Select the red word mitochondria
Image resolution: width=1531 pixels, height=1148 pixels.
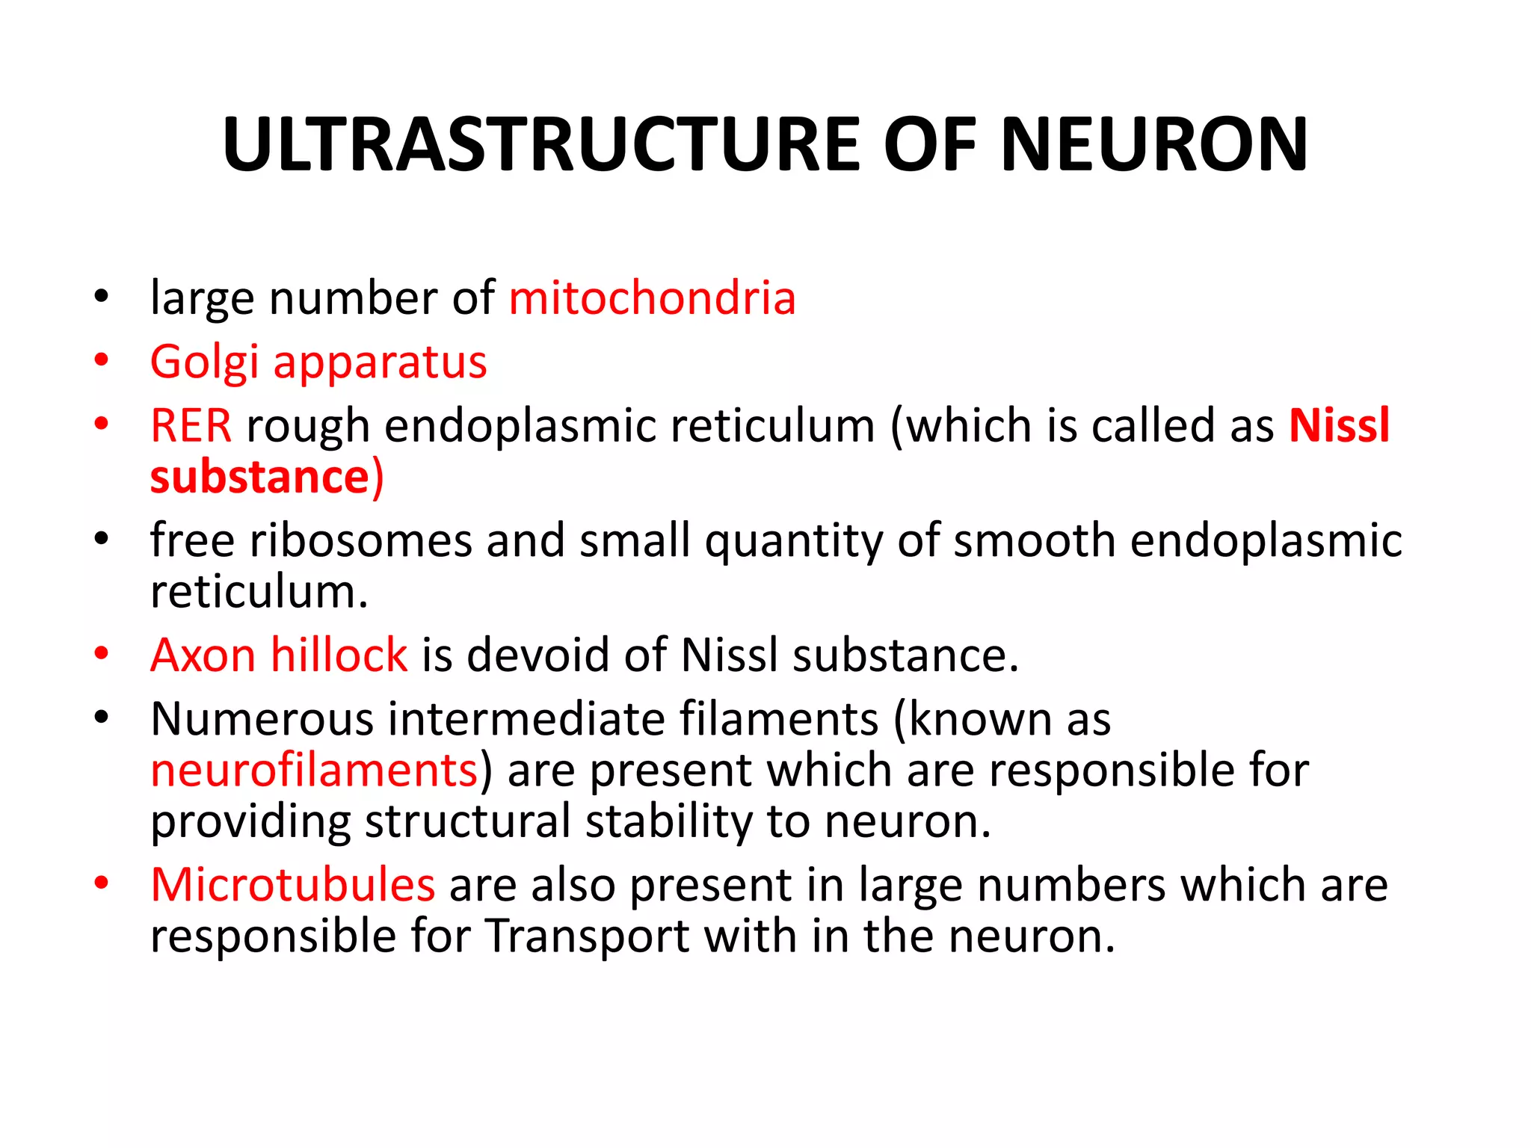pyautogui.click(x=652, y=298)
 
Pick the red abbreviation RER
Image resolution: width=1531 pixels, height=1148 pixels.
pyautogui.click(x=191, y=426)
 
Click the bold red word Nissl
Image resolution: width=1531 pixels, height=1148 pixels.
pyautogui.click(x=1339, y=426)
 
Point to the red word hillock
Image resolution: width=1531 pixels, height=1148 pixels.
pyautogui.click(x=339, y=655)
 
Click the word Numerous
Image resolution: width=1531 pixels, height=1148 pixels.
pyautogui.click(x=262, y=719)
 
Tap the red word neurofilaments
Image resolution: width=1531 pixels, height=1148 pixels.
pyautogui.click(x=314, y=771)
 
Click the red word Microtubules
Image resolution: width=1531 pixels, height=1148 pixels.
pyautogui.click(x=292, y=885)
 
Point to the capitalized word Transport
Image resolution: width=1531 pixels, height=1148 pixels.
pyautogui.click(x=587, y=936)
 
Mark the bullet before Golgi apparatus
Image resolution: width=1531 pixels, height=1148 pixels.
pyautogui.click(x=102, y=361)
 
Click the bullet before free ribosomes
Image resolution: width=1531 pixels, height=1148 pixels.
pyautogui.click(x=102, y=538)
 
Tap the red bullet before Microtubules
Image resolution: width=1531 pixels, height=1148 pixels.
pyautogui.click(x=102, y=883)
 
